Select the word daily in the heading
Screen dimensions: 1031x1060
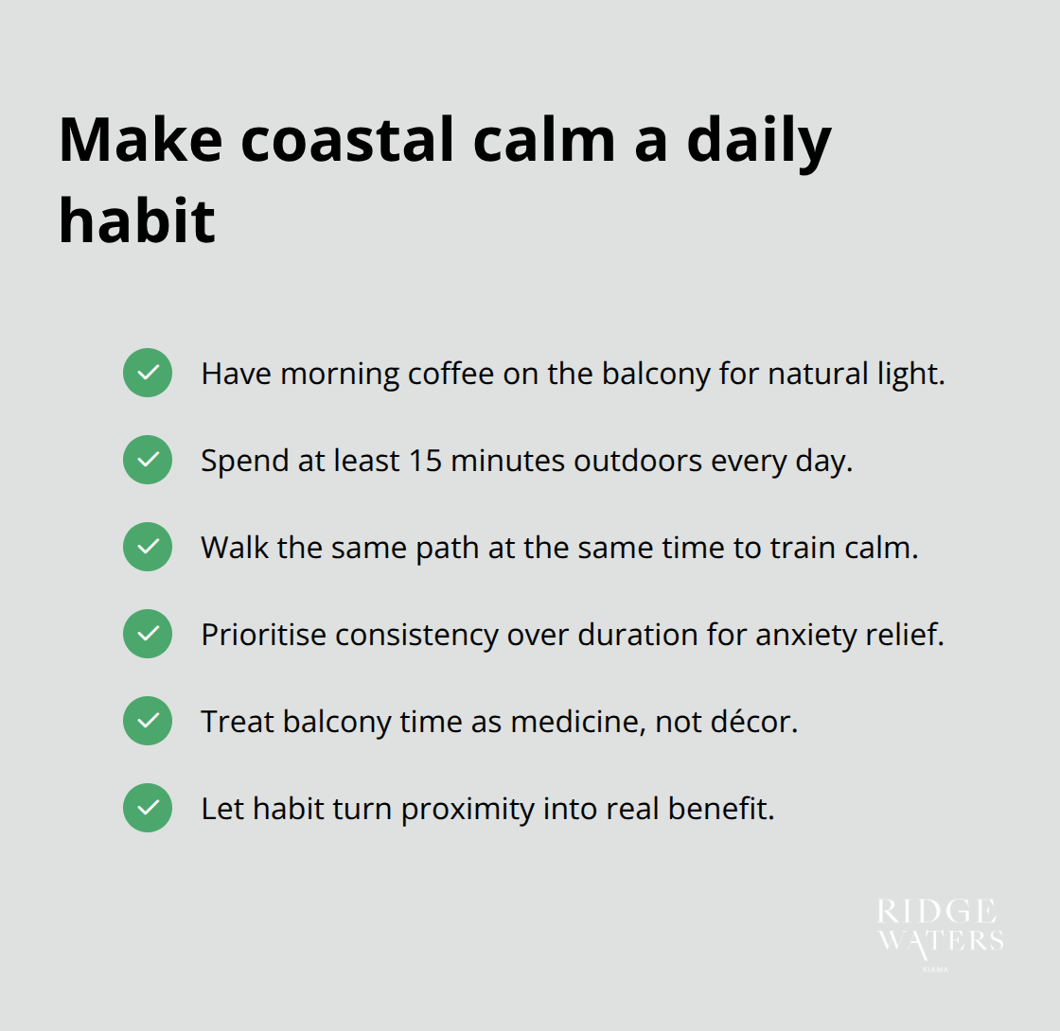758,139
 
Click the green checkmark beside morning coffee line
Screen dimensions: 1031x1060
148,373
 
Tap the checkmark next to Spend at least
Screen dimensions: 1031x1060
148,460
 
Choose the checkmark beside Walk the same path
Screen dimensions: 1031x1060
148,547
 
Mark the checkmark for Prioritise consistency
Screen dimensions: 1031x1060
148,634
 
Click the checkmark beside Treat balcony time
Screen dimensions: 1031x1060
148,721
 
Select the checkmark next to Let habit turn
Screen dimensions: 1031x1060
148,808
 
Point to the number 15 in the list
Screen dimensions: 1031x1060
426,461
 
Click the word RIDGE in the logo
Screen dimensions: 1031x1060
936,913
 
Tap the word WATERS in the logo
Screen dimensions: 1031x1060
941,939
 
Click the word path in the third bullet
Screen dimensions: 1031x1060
448,548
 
